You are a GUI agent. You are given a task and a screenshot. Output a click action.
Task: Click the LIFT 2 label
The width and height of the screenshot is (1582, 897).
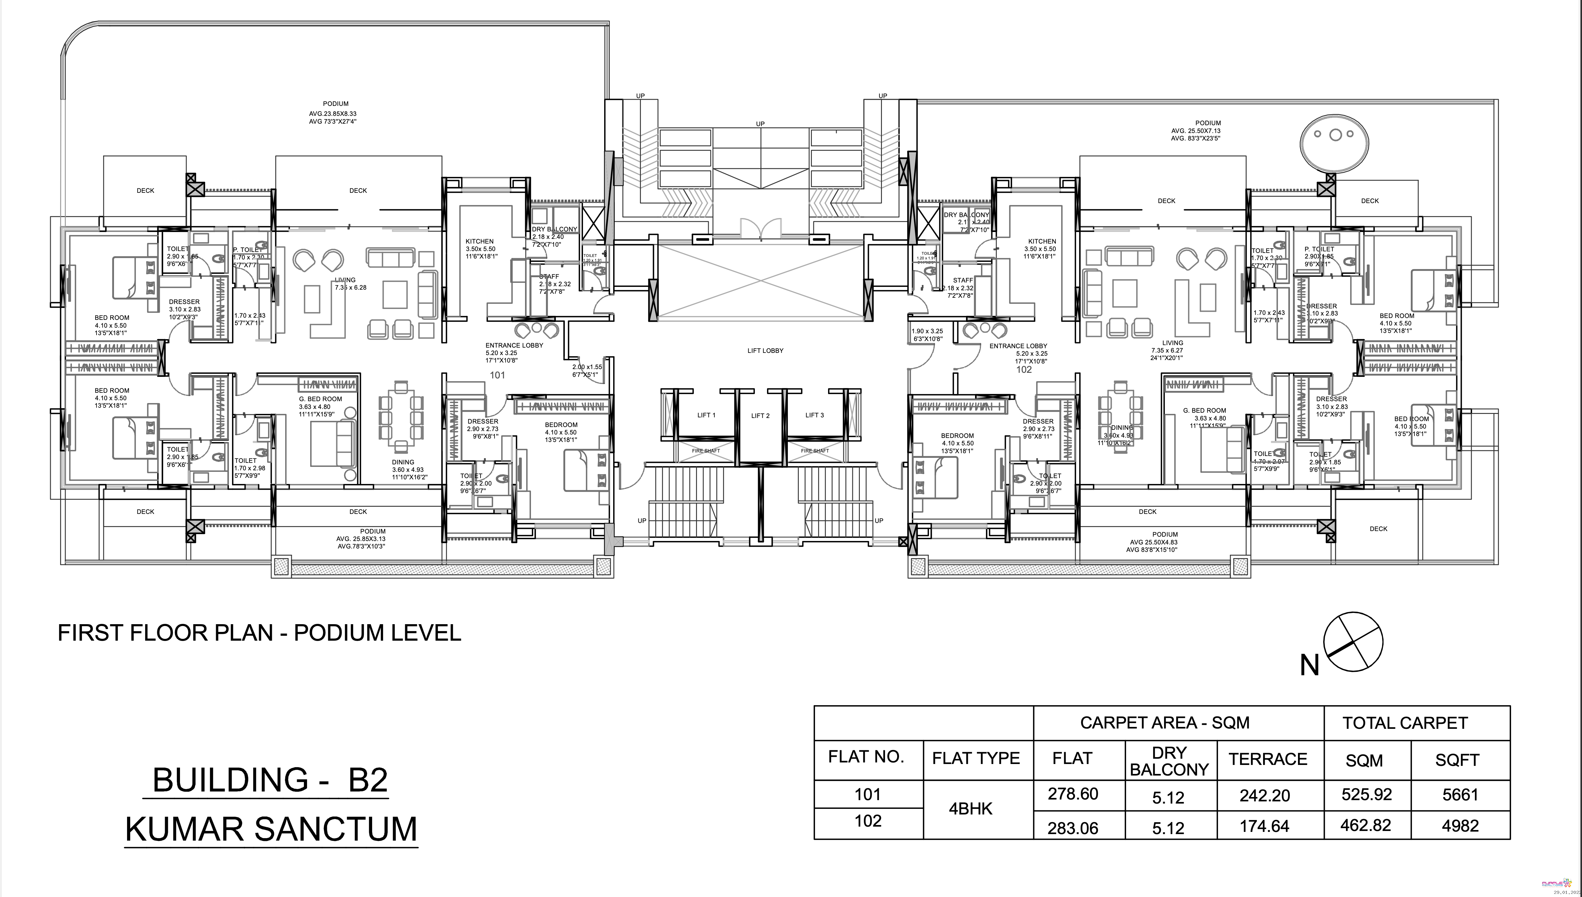[760, 416]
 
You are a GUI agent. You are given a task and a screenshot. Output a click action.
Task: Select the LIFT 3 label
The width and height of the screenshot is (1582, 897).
[814, 415]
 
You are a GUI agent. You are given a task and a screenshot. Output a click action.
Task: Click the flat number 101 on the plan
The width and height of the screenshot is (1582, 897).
[497, 375]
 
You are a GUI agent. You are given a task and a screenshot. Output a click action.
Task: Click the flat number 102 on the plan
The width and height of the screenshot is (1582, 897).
[1023, 370]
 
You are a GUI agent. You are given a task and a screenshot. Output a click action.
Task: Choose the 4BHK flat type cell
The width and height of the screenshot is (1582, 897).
[970, 809]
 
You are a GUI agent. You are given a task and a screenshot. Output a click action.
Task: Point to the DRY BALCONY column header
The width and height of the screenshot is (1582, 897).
[1169, 761]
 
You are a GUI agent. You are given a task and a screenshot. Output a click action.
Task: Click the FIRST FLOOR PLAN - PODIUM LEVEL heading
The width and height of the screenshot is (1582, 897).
[259, 633]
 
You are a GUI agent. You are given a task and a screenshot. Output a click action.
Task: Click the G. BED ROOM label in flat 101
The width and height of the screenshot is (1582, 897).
[320, 399]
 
